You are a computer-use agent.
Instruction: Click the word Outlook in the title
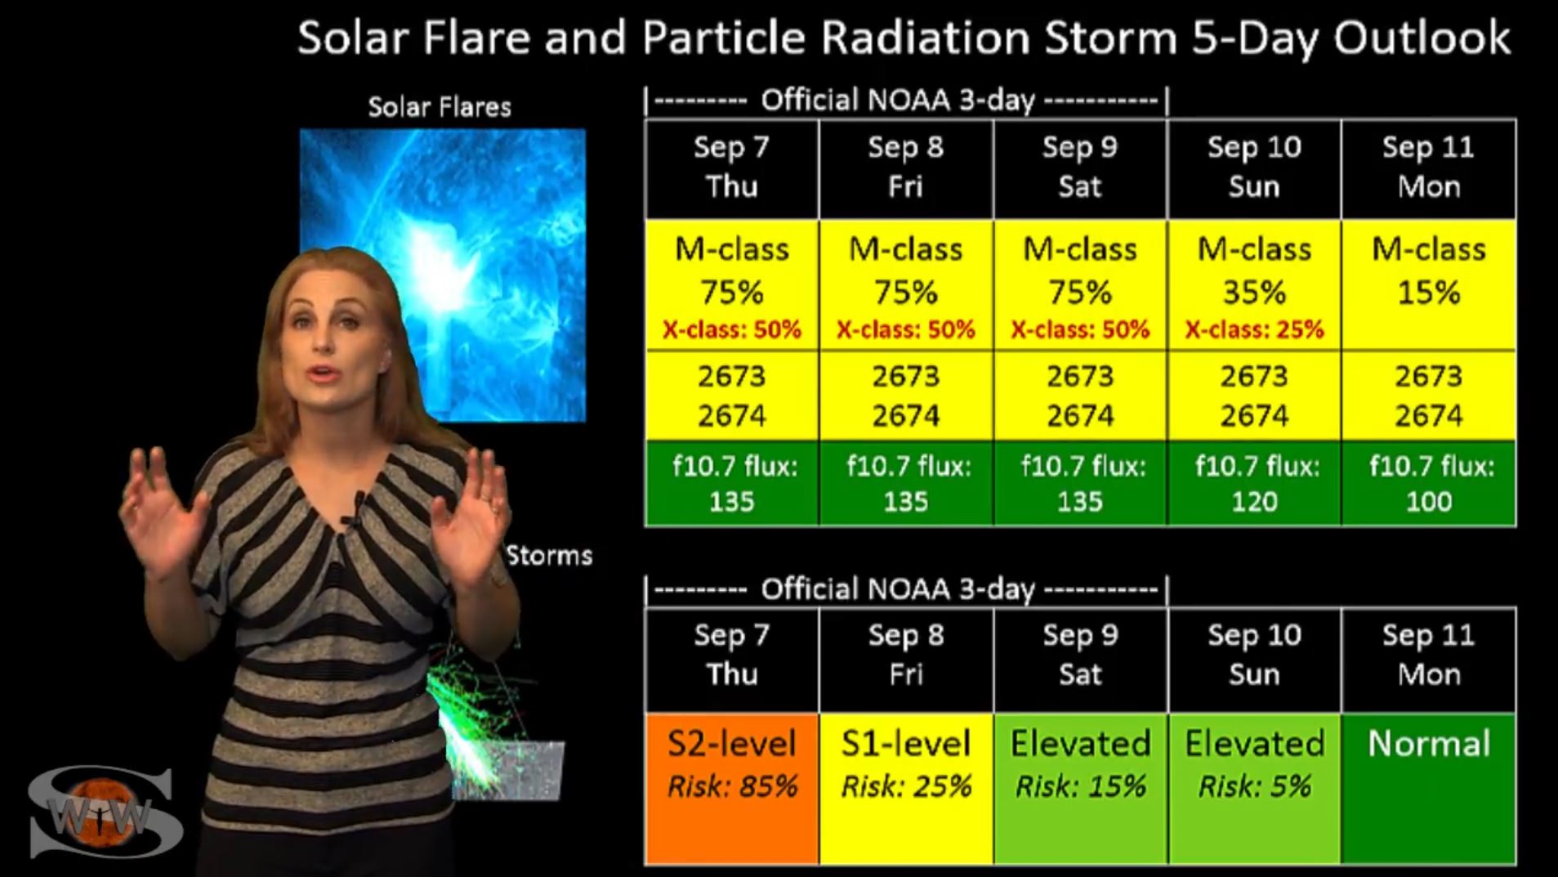[x=1422, y=38]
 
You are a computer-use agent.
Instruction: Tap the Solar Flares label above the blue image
[x=440, y=107]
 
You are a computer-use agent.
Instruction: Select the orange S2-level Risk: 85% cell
[x=732, y=789]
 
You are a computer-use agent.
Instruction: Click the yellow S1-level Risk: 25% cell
[x=906, y=789]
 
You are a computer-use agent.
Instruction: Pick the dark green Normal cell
[x=1428, y=789]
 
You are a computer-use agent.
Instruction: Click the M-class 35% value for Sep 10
[x=1254, y=271]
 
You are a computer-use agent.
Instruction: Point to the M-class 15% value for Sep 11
[x=1428, y=271]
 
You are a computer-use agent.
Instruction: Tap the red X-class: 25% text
[x=1254, y=329]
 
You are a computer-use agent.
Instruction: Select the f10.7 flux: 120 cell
[x=1254, y=483]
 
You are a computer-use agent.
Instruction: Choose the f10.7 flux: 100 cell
[x=1428, y=483]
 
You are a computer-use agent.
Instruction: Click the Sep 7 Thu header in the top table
[x=732, y=168]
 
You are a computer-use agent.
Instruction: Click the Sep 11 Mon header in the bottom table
[x=1428, y=655]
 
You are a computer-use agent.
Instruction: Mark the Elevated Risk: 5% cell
[x=1254, y=789]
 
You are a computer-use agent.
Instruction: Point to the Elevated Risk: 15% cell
[x=1080, y=789]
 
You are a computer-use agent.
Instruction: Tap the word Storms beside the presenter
[x=549, y=556]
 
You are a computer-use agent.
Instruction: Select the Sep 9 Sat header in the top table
[x=1080, y=168]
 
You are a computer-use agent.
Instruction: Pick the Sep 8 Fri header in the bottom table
[x=906, y=655]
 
